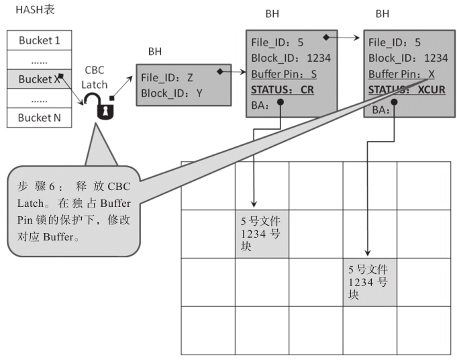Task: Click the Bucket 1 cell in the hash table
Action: tap(39, 40)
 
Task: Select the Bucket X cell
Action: tap(39, 79)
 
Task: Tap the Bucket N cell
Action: tap(39, 118)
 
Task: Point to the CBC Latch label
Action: tap(94, 78)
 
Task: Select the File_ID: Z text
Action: tap(167, 77)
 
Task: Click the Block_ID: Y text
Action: tap(172, 93)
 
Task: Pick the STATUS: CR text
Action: tap(283, 89)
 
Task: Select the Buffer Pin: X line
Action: tap(401, 74)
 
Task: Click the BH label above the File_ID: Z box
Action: tap(155, 51)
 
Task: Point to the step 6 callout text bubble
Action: tap(74, 212)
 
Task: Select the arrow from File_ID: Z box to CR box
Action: tap(232, 70)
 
